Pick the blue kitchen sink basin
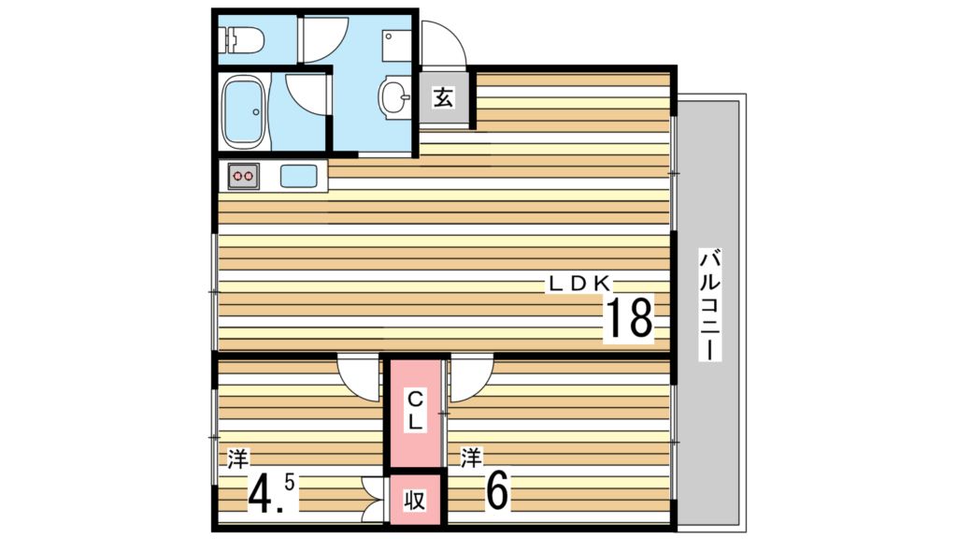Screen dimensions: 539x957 300,175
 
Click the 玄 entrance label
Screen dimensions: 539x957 443,95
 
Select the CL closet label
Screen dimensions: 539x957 416,411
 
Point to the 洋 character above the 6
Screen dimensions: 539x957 470,458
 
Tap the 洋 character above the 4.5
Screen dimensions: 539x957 237,459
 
